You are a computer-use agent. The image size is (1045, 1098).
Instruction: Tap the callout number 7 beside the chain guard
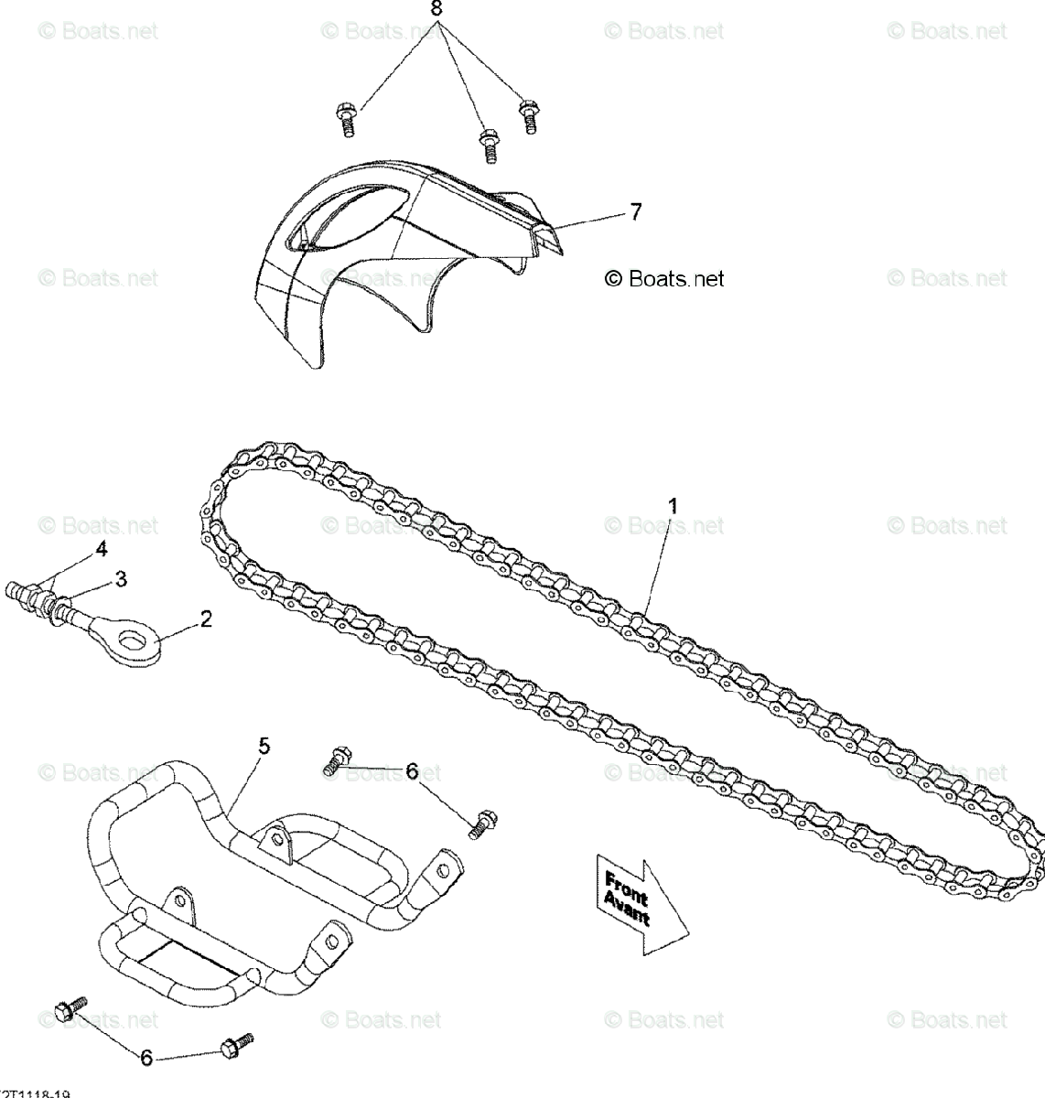[635, 212]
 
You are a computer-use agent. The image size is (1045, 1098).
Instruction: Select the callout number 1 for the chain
[673, 505]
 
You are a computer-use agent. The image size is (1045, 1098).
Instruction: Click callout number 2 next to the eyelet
[206, 619]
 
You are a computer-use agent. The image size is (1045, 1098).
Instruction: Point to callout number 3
[120, 579]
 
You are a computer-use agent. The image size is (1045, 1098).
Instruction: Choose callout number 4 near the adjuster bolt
[102, 549]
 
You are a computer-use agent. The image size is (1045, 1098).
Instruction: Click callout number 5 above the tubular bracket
[264, 746]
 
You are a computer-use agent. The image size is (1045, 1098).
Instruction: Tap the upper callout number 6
[412, 772]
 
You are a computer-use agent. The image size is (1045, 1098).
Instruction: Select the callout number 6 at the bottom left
[146, 1058]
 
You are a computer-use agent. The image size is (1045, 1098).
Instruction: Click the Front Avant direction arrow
[638, 903]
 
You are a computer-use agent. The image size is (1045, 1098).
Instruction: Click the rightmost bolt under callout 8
[528, 116]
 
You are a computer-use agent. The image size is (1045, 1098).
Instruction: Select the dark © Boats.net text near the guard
[664, 277]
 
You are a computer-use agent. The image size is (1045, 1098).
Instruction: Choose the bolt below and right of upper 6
[481, 823]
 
